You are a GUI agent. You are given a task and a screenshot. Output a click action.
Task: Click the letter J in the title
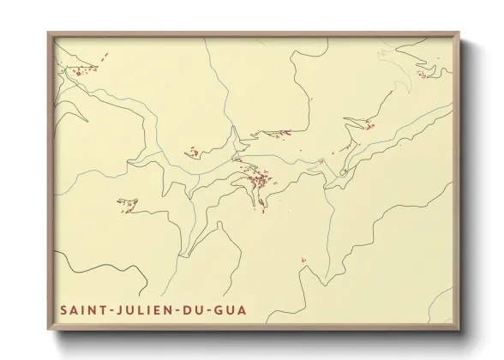[x=115, y=309]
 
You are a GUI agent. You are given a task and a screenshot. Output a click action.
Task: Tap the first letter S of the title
[x=63, y=309]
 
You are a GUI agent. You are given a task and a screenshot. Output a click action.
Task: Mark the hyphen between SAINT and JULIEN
[x=105, y=309]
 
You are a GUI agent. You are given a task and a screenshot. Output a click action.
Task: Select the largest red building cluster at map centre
[x=256, y=180]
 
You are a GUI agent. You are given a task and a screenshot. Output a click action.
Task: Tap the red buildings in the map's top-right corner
[x=422, y=75]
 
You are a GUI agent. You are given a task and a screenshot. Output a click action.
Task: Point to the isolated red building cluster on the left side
[x=128, y=204]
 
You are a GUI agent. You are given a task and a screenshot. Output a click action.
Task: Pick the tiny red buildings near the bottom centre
[x=303, y=261]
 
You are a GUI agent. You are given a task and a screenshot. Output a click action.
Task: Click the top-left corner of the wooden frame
[x=48, y=33]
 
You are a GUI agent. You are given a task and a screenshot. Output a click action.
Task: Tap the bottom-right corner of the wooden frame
[x=459, y=331]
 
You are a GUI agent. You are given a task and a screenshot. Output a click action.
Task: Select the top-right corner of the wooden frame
[x=459, y=33]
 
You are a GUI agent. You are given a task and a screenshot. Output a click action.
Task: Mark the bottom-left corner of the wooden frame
[x=48, y=331]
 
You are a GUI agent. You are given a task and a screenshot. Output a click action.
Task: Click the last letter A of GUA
[x=243, y=309]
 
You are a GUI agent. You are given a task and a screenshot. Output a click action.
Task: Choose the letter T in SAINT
[x=96, y=309]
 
